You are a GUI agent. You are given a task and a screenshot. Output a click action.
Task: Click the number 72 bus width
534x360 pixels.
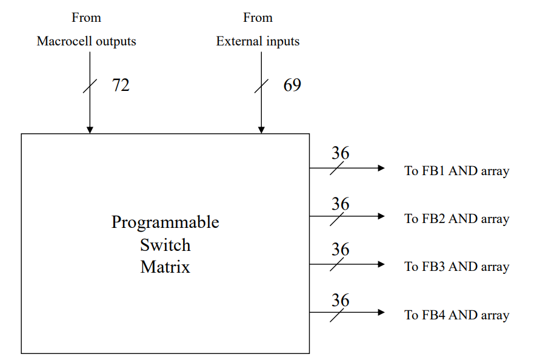click(x=121, y=85)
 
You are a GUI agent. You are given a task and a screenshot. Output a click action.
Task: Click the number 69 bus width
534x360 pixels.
click(x=292, y=85)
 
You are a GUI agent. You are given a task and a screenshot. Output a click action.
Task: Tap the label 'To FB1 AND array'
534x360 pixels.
click(x=456, y=171)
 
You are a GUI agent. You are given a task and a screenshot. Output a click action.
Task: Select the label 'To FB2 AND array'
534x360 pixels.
click(x=456, y=219)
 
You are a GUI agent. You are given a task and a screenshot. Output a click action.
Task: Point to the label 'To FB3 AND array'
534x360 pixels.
click(x=456, y=267)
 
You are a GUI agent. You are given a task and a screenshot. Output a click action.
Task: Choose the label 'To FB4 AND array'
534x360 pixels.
click(x=456, y=315)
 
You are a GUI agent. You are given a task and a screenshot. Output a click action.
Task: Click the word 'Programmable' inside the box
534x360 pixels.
click(x=165, y=222)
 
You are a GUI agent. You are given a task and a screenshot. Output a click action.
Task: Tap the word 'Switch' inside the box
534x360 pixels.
click(x=165, y=245)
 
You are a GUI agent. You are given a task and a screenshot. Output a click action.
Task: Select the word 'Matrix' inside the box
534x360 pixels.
click(x=165, y=267)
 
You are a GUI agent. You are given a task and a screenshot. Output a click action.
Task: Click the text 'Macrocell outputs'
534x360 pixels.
click(x=86, y=41)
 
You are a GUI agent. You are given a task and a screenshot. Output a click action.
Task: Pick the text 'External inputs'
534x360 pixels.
click(x=258, y=41)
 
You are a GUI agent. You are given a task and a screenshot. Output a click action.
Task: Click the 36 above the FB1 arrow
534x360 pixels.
click(x=340, y=153)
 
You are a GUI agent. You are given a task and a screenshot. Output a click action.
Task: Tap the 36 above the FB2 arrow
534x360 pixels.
click(x=340, y=204)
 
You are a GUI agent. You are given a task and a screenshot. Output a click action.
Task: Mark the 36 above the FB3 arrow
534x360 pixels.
click(x=340, y=249)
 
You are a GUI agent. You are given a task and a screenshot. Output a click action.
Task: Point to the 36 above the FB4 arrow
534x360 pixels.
click(x=340, y=300)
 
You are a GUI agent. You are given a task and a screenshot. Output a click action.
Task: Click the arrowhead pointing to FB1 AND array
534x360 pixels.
click(x=381, y=168)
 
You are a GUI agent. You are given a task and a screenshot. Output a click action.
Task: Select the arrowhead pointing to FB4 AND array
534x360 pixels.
click(x=381, y=312)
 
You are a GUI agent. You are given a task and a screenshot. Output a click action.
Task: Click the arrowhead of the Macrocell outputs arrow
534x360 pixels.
click(x=90, y=130)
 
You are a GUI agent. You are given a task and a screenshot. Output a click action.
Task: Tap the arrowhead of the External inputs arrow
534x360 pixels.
click(x=261, y=130)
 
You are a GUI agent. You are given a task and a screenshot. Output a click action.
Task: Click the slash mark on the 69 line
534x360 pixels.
click(x=261, y=86)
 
